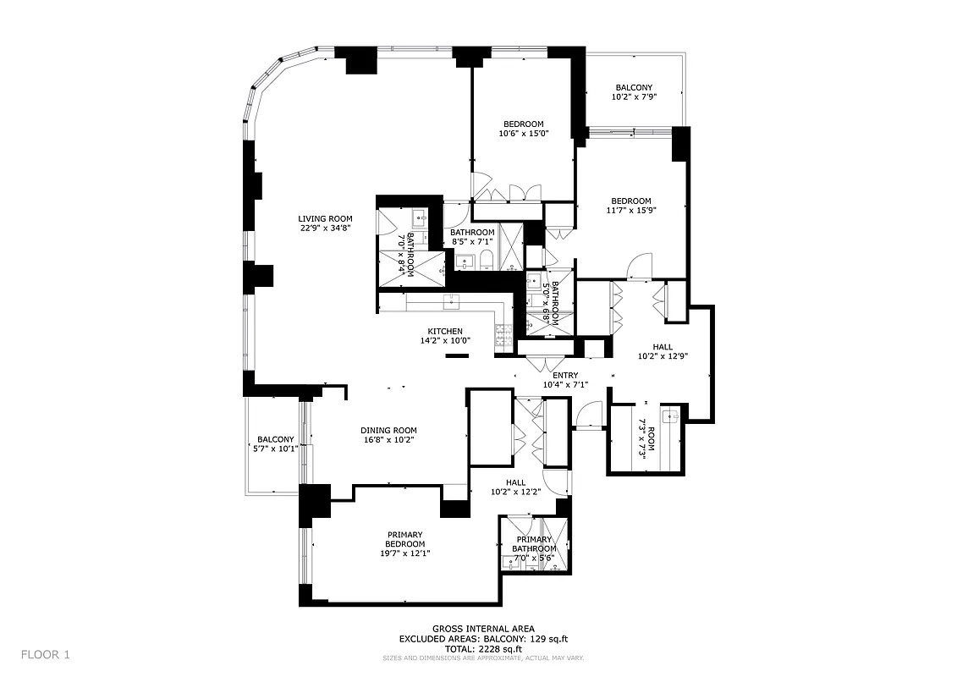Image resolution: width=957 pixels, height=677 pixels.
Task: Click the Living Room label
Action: pyautogui.click(x=325, y=218)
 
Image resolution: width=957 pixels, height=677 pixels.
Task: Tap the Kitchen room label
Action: pyautogui.click(x=444, y=331)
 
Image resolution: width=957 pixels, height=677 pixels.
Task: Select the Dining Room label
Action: pyautogui.click(x=388, y=429)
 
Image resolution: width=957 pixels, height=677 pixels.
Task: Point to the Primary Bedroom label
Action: pyautogui.click(x=405, y=539)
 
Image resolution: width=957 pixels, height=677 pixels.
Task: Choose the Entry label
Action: pyautogui.click(x=565, y=376)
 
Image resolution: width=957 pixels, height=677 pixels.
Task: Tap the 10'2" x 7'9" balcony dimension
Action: pyautogui.click(x=635, y=97)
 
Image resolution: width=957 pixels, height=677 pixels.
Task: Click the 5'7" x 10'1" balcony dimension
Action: pyautogui.click(x=276, y=449)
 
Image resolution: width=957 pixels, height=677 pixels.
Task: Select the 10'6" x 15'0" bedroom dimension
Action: pyautogui.click(x=524, y=133)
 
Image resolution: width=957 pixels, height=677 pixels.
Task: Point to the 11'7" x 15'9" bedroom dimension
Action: pyautogui.click(x=631, y=211)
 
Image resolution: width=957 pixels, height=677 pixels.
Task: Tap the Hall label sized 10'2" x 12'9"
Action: pyautogui.click(x=663, y=346)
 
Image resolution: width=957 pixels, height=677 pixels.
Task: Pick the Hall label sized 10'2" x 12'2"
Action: pyautogui.click(x=515, y=482)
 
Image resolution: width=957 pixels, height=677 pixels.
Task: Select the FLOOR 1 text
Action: pyautogui.click(x=46, y=654)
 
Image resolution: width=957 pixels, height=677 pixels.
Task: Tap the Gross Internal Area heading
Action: pyautogui.click(x=483, y=629)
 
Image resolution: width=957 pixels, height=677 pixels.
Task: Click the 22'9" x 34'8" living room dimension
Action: pyautogui.click(x=325, y=228)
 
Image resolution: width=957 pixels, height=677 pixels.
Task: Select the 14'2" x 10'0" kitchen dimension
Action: pyautogui.click(x=444, y=340)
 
